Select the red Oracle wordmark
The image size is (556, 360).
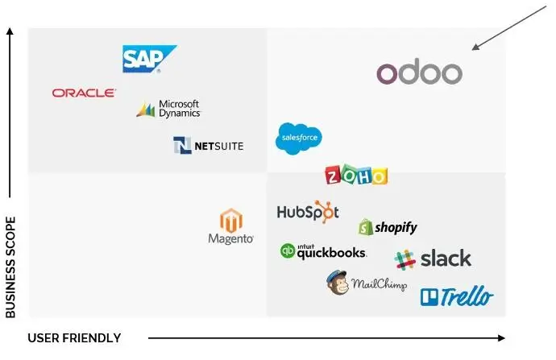84,93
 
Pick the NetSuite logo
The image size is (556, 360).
208,146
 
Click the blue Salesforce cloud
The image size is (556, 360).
299,138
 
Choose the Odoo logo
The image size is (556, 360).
419,73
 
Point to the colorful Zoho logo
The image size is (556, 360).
355,176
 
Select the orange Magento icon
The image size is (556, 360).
231,220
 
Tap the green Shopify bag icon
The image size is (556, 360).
365,227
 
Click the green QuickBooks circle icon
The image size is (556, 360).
287,251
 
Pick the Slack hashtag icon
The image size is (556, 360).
405,259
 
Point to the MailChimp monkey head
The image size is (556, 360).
337,283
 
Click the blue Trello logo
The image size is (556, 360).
456,297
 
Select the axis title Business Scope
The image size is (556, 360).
10,267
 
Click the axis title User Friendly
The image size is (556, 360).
74,338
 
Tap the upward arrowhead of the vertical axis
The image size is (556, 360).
10,31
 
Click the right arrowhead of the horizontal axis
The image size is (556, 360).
502,338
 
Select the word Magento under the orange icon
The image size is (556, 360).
231,239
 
